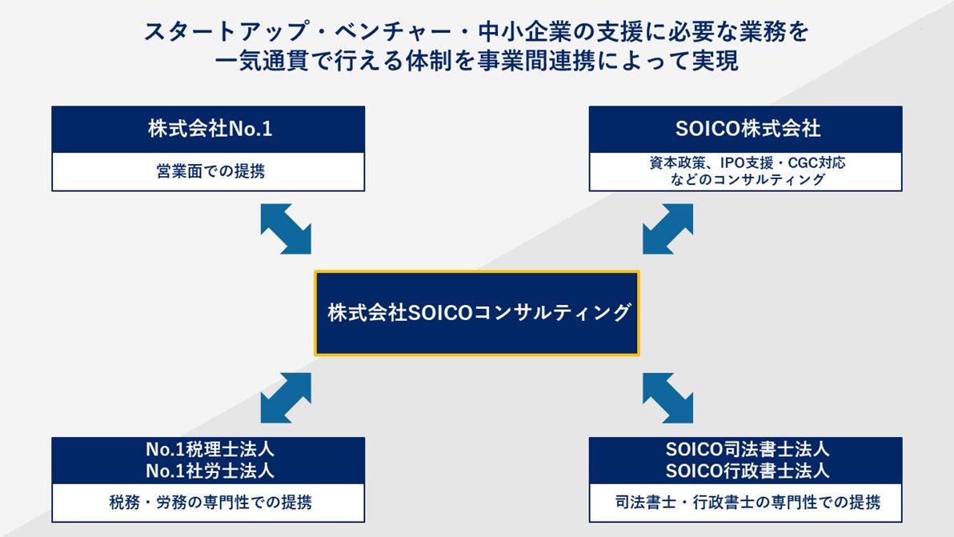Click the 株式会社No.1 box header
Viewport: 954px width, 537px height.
tap(209, 129)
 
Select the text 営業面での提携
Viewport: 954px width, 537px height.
tap(209, 171)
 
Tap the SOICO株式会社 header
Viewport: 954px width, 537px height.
tap(745, 129)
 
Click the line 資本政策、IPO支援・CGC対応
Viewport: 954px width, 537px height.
tap(745, 162)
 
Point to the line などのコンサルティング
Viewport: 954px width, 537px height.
tap(745, 180)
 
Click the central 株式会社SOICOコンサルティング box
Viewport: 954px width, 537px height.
tap(477, 313)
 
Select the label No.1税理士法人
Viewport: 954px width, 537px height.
tap(209, 450)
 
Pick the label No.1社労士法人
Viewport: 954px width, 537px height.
tap(209, 470)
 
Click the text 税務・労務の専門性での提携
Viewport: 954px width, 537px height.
tap(209, 503)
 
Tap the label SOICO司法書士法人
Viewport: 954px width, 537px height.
tap(745, 450)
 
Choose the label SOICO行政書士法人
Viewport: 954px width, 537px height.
tap(745, 470)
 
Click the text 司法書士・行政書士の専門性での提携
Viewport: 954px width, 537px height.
tap(745, 503)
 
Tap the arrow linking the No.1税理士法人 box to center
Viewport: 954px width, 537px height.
tap(286, 398)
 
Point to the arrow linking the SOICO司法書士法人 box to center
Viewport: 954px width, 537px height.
tap(667, 398)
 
